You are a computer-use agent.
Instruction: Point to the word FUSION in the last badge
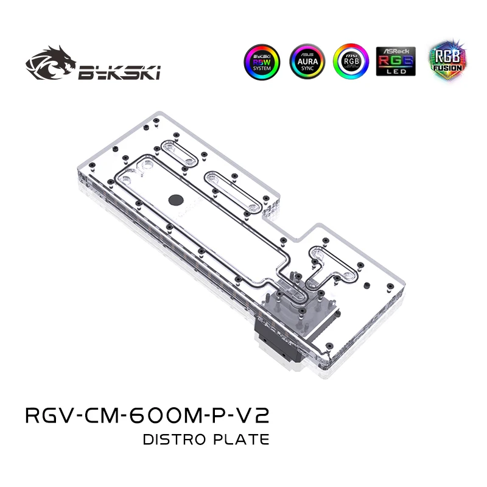pyautogui.click(x=446, y=69)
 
